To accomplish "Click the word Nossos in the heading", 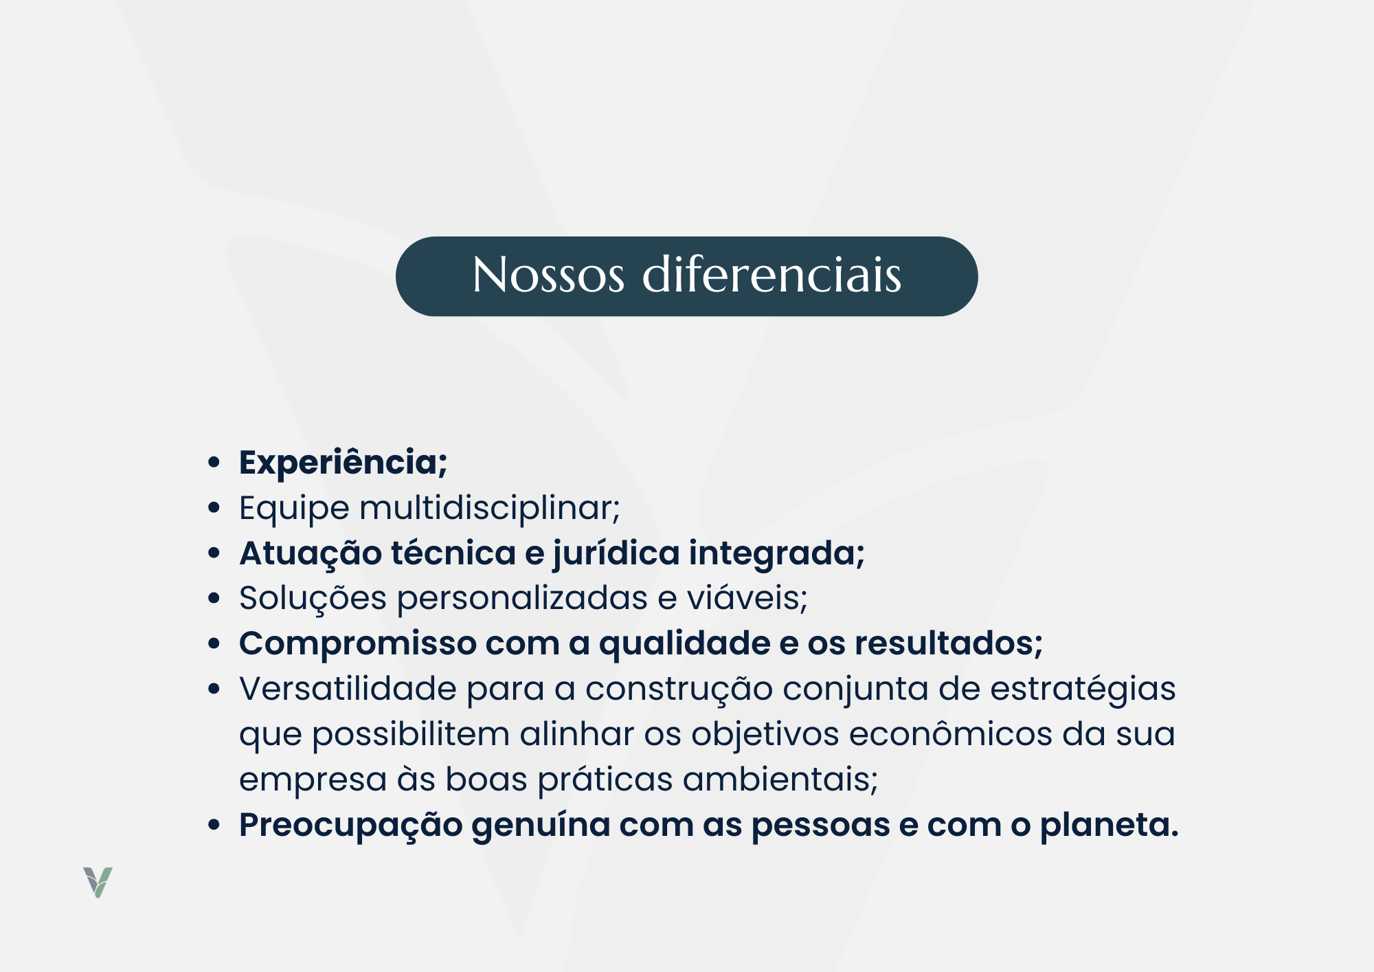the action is tap(548, 275).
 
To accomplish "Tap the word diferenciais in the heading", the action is tap(772, 274).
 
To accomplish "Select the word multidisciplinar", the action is tap(490, 509).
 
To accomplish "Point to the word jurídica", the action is tap(616, 554).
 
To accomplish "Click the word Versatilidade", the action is tap(348, 689).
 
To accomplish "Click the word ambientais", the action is tap(780, 780).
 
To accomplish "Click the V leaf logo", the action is tap(98, 883).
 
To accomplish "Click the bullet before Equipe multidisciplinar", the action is tap(214, 509).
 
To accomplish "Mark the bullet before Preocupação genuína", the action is tap(214, 825).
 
